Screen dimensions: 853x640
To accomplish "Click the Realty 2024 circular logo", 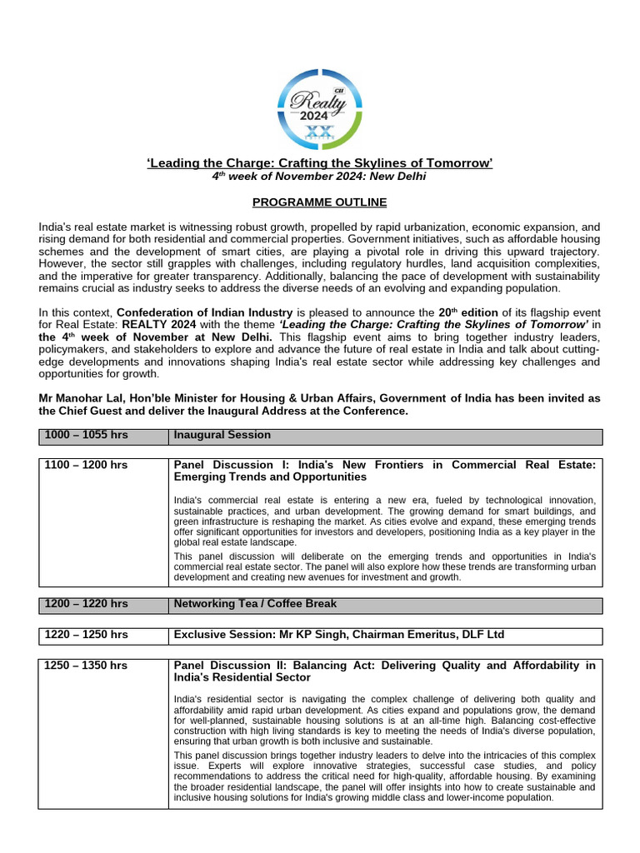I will coord(320,107).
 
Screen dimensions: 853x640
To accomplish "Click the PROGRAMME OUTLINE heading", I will coord(320,202).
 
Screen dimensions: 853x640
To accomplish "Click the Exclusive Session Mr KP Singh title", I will coord(338,636).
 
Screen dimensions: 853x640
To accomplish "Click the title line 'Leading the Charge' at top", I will coord(320,162).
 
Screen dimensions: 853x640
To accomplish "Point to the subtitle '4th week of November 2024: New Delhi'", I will coord(320,177).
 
